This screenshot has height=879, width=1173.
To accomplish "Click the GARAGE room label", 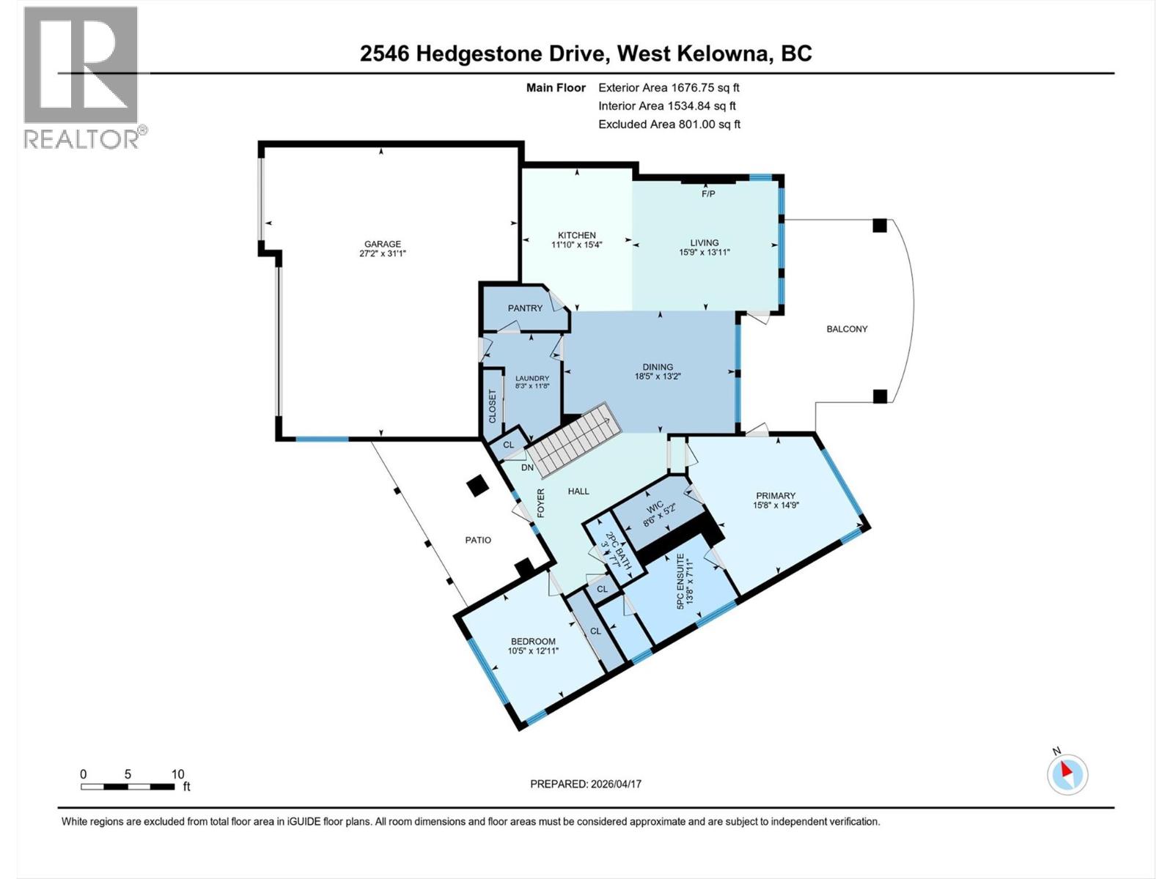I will pyautogui.click(x=383, y=244).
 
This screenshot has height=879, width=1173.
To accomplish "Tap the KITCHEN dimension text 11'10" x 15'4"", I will pyautogui.click(x=577, y=245).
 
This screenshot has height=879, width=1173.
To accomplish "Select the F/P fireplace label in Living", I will pyautogui.click(x=708, y=194).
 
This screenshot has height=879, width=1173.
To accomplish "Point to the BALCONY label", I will pyautogui.click(x=847, y=329).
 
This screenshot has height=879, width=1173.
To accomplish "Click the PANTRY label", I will pyautogui.click(x=525, y=308).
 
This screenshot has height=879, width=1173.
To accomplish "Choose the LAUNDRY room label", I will pyautogui.click(x=532, y=378).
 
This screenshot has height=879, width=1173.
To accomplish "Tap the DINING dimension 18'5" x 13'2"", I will pyautogui.click(x=658, y=377).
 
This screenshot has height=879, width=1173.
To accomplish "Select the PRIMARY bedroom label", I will pyautogui.click(x=775, y=495).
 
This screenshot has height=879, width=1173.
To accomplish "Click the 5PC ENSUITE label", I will pyautogui.click(x=680, y=581).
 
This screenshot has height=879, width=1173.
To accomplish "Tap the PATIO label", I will pyautogui.click(x=478, y=540).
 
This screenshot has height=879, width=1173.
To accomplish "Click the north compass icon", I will pyautogui.click(x=1067, y=774).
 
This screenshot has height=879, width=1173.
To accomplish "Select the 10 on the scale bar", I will pyautogui.click(x=177, y=774).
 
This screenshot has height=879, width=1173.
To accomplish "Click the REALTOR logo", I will pyautogui.click(x=82, y=77).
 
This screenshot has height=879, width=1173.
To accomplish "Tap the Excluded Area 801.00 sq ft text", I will pyautogui.click(x=669, y=125).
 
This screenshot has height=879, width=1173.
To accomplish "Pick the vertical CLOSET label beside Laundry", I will pyautogui.click(x=492, y=406).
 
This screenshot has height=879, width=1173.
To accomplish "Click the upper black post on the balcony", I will pyautogui.click(x=880, y=225).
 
